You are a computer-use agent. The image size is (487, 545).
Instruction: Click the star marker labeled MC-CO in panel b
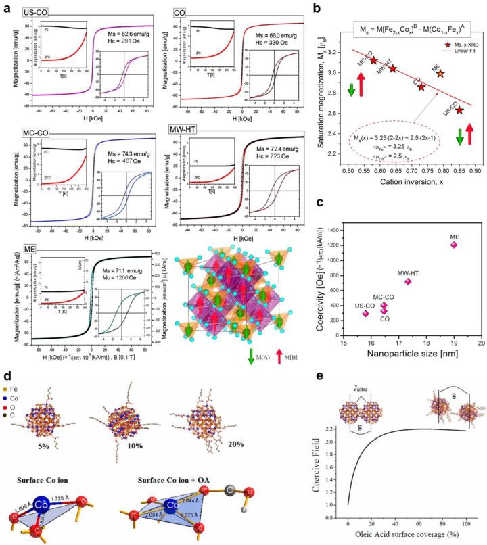point(373,60)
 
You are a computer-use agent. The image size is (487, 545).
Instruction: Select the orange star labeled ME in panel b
point(440,74)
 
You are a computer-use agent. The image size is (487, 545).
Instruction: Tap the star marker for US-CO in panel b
point(459,110)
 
